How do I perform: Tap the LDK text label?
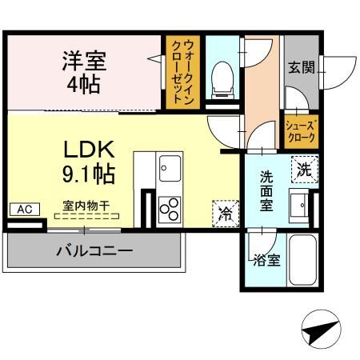[89, 149]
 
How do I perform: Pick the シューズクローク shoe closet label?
[302, 132]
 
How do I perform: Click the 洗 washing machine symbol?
[305, 169]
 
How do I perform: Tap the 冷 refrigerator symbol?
[226, 214]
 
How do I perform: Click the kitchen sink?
[170, 169]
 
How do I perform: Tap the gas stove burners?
[169, 210]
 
